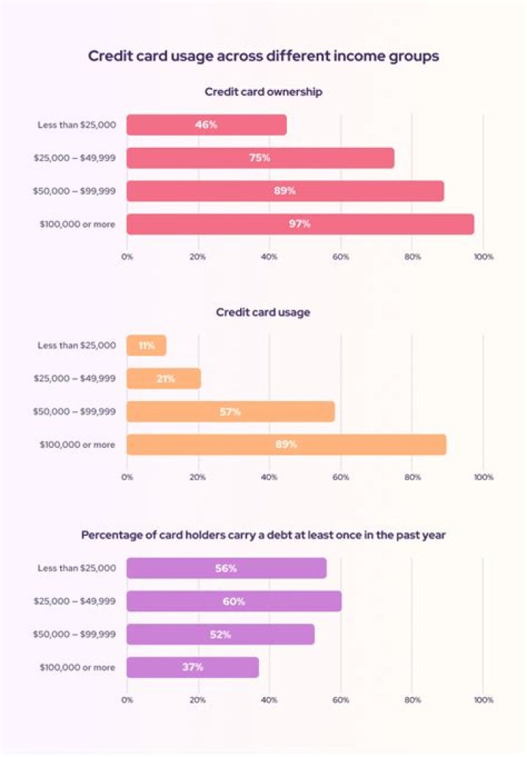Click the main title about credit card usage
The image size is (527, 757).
pyautogui.click(x=263, y=56)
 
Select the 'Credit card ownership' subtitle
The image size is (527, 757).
pyautogui.click(x=263, y=92)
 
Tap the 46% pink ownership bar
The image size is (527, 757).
pyautogui.click(x=206, y=124)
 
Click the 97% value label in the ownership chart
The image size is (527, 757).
pyautogui.click(x=299, y=224)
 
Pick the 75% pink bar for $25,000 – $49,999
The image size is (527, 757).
pyautogui.click(x=260, y=158)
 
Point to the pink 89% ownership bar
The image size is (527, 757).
pyautogui.click(x=285, y=191)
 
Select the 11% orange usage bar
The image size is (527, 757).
pyautogui.click(x=146, y=346)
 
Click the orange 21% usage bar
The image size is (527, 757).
pyautogui.click(x=163, y=378)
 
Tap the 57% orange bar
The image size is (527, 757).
pyautogui.click(x=231, y=411)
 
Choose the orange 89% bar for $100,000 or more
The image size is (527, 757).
pyautogui.click(x=286, y=444)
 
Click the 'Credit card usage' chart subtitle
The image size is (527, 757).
pyautogui.click(x=263, y=313)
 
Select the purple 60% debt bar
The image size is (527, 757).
pyautogui.click(x=233, y=601)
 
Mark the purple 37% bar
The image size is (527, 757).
pyautogui.click(x=193, y=667)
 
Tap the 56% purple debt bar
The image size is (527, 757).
pyautogui.click(x=226, y=568)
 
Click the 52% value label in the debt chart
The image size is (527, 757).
pyautogui.click(x=220, y=634)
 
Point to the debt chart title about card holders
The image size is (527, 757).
pyautogui.click(x=263, y=535)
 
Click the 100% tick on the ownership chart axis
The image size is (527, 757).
pyautogui.click(x=483, y=257)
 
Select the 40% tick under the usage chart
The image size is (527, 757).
pyautogui.click(x=269, y=477)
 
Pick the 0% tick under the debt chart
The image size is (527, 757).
pyautogui.click(x=127, y=700)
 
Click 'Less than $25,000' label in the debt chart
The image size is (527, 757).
pyautogui.click(x=77, y=568)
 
